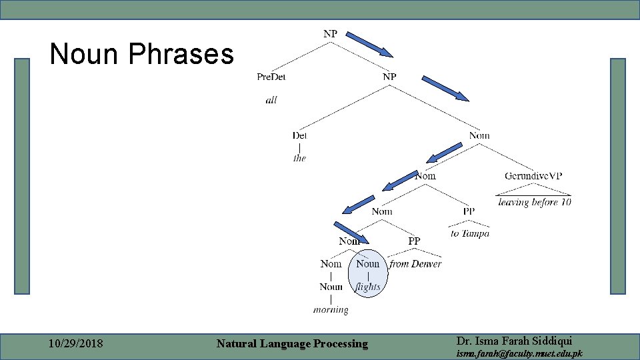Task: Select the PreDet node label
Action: click(x=271, y=77)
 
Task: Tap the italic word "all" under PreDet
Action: click(x=271, y=100)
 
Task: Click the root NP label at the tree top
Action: click(x=330, y=34)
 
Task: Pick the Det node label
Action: click(x=299, y=135)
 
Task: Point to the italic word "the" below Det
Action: click(x=299, y=158)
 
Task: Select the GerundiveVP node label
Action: click(x=533, y=176)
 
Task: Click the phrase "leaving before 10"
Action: click(x=534, y=202)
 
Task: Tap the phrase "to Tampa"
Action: click(x=469, y=233)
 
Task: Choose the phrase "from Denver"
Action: click(x=415, y=264)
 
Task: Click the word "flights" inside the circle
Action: click(x=368, y=287)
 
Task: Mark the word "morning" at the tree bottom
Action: click(x=331, y=309)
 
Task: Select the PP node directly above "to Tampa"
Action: click(x=469, y=211)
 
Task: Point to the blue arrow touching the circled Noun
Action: click(x=351, y=232)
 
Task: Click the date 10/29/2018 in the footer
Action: click(x=76, y=344)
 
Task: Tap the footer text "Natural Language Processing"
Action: click(x=292, y=344)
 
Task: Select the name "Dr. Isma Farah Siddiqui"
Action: click(x=514, y=341)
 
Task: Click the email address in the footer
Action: click(x=519, y=353)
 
